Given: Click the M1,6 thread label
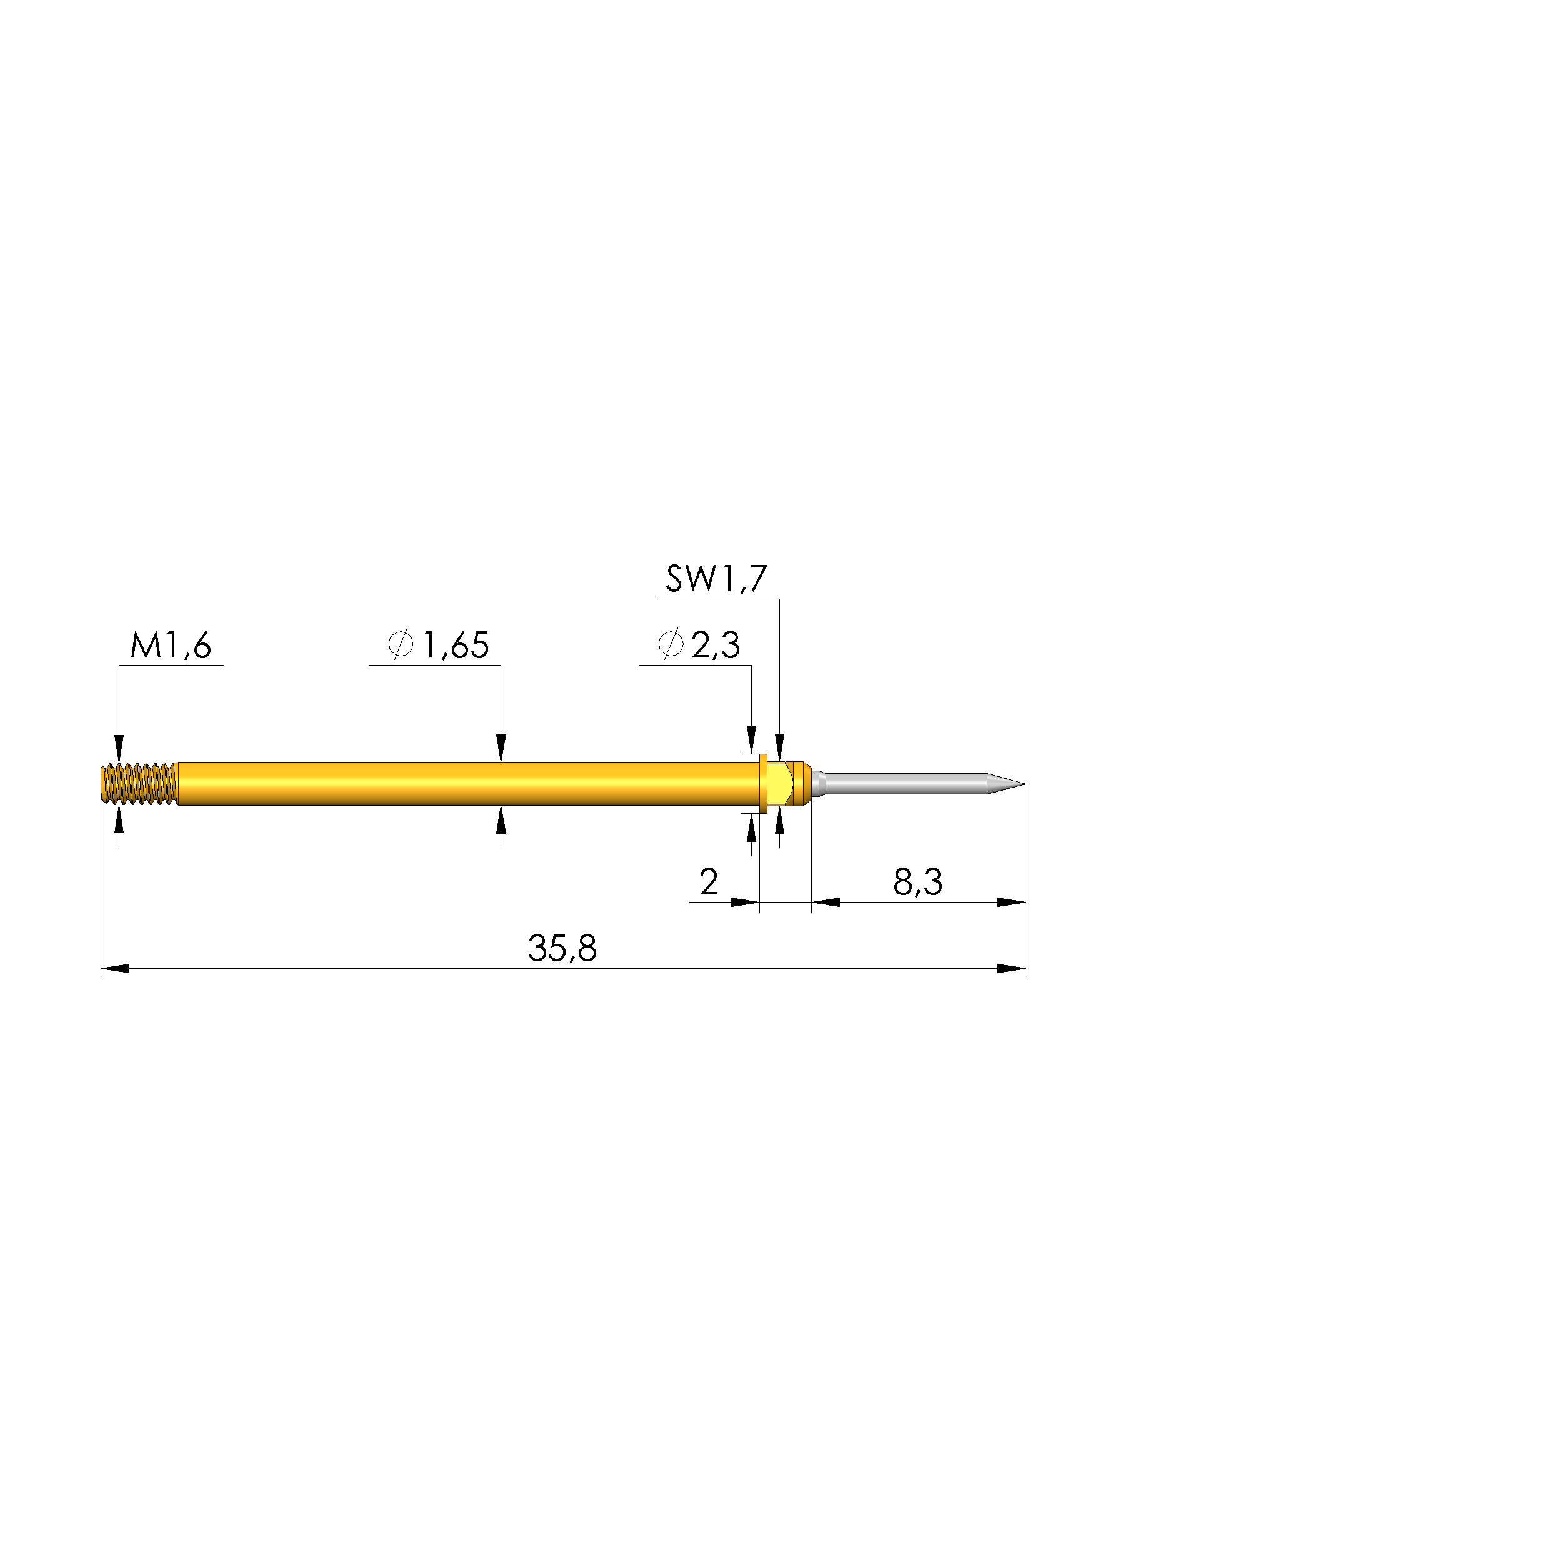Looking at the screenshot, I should [x=171, y=646].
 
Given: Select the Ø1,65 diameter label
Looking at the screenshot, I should [x=438, y=646].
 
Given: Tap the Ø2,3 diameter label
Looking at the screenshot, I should [x=699, y=645].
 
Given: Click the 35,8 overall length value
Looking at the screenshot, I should [x=562, y=947].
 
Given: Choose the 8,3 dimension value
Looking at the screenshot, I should [x=917, y=881].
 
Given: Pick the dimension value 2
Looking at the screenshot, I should [x=709, y=881].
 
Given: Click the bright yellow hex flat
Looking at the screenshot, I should [x=779, y=783].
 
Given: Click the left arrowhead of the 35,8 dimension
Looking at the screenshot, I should [x=115, y=969].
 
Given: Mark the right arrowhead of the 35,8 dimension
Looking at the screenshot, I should [x=1011, y=969].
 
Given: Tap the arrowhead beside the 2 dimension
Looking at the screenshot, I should [x=744, y=902].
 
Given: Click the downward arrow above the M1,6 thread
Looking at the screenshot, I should [x=119, y=747].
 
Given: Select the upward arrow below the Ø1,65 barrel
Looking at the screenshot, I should [x=501, y=820].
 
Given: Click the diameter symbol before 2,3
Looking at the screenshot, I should [x=671, y=645].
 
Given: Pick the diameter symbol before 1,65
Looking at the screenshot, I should [x=401, y=646].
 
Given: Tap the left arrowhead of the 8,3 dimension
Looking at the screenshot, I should [x=826, y=902].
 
